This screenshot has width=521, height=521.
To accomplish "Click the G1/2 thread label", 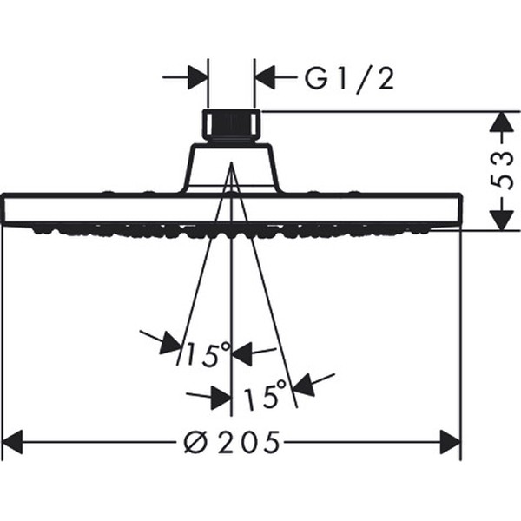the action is coord(350,80).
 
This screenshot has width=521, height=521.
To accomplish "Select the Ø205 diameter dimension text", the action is coord(232,442).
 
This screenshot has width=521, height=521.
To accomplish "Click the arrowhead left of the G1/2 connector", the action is coord(198,77).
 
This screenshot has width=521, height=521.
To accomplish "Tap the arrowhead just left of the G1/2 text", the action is coord(265,77).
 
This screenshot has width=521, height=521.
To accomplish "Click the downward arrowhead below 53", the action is coord(502,220).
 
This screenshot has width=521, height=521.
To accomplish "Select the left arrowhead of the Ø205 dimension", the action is coord(12,442).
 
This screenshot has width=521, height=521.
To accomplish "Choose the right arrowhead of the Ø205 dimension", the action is coord(451,442).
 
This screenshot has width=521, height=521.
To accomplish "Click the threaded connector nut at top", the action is coord(232,126).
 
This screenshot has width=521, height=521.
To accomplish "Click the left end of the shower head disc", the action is coord(4,209).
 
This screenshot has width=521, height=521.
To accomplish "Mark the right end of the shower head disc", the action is coord(459,209).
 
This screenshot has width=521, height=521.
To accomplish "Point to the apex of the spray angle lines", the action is coord(232,162).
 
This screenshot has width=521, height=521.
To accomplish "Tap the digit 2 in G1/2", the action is coord(385,79).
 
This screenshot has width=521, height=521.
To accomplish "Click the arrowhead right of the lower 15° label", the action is coord(303,386).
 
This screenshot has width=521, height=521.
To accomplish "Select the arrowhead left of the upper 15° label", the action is coord(171,343).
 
